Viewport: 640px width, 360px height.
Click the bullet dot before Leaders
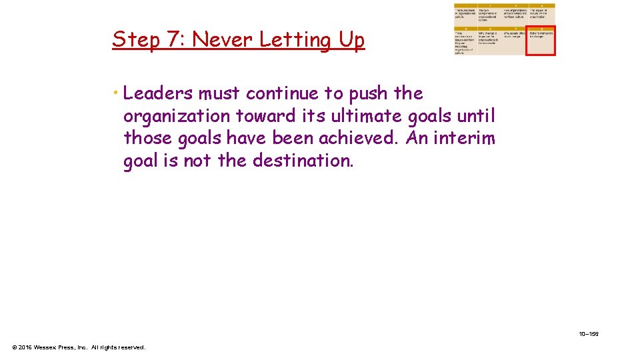click(117, 93)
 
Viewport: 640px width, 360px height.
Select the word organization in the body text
click(176, 116)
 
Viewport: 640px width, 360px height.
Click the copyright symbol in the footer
click(15, 347)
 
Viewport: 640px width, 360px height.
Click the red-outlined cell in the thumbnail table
click(541, 41)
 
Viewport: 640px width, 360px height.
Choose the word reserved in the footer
click(131, 347)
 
